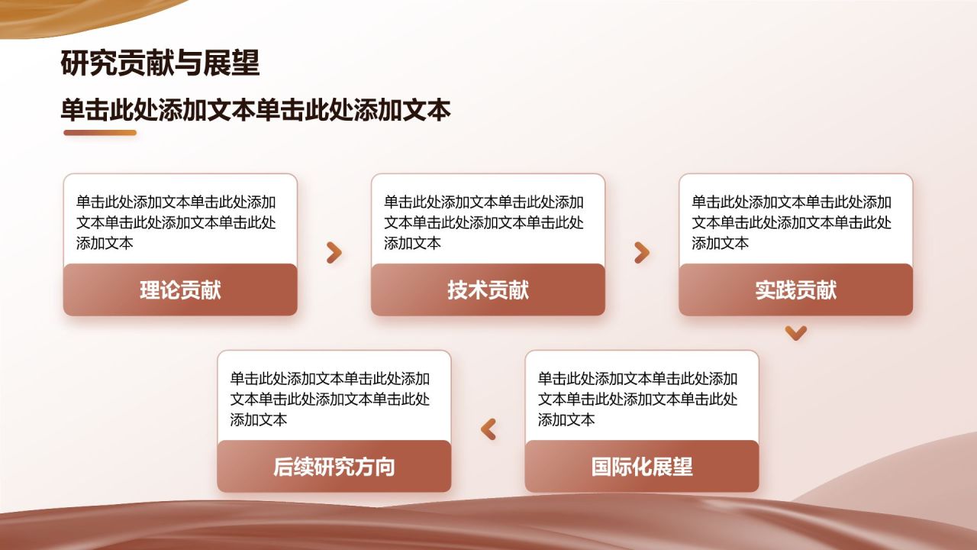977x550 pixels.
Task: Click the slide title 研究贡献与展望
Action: pyautogui.click(x=160, y=63)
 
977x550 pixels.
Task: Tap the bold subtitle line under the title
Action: pyautogui.click(x=256, y=111)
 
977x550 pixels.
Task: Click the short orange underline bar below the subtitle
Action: pyautogui.click(x=100, y=133)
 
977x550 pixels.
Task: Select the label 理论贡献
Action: pyautogui.click(x=180, y=290)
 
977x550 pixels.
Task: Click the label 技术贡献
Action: pyautogui.click(x=488, y=290)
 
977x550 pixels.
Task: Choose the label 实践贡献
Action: pyautogui.click(x=796, y=290)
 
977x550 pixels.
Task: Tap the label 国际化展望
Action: pyautogui.click(x=642, y=467)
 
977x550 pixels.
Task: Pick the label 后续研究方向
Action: pyautogui.click(x=334, y=467)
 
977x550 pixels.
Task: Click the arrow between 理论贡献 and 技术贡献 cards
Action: pyautogui.click(x=334, y=253)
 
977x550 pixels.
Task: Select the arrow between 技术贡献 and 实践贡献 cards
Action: pyautogui.click(x=642, y=253)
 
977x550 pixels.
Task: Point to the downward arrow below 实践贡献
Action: pyautogui.click(x=796, y=332)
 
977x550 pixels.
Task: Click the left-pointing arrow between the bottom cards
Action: pyautogui.click(x=488, y=429)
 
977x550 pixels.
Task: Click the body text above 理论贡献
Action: pyautogui.click(x=176, y=222)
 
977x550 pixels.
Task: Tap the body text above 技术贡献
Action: pyautogui.click(x=484, y=222)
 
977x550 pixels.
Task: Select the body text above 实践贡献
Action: pyautogui.click(x=792, y=222)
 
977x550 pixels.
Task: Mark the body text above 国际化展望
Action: pyautogui.click(x=638, y=399)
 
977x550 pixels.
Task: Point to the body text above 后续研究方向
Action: pyautogui.click(x=331, y=399)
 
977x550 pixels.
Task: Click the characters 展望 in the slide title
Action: pyautogui.click(x=232, y=63)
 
